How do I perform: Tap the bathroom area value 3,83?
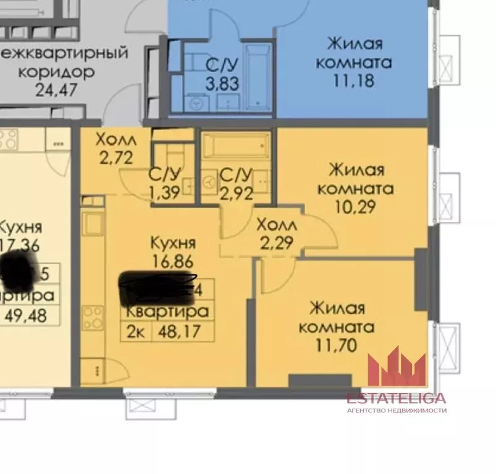[222, 83]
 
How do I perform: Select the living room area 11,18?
[355, 80]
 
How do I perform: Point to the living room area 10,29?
[355, 206]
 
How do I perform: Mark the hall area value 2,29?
[275, 242]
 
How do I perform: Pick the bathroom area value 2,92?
[237, 192]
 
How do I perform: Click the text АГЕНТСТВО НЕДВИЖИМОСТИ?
[396, 410]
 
